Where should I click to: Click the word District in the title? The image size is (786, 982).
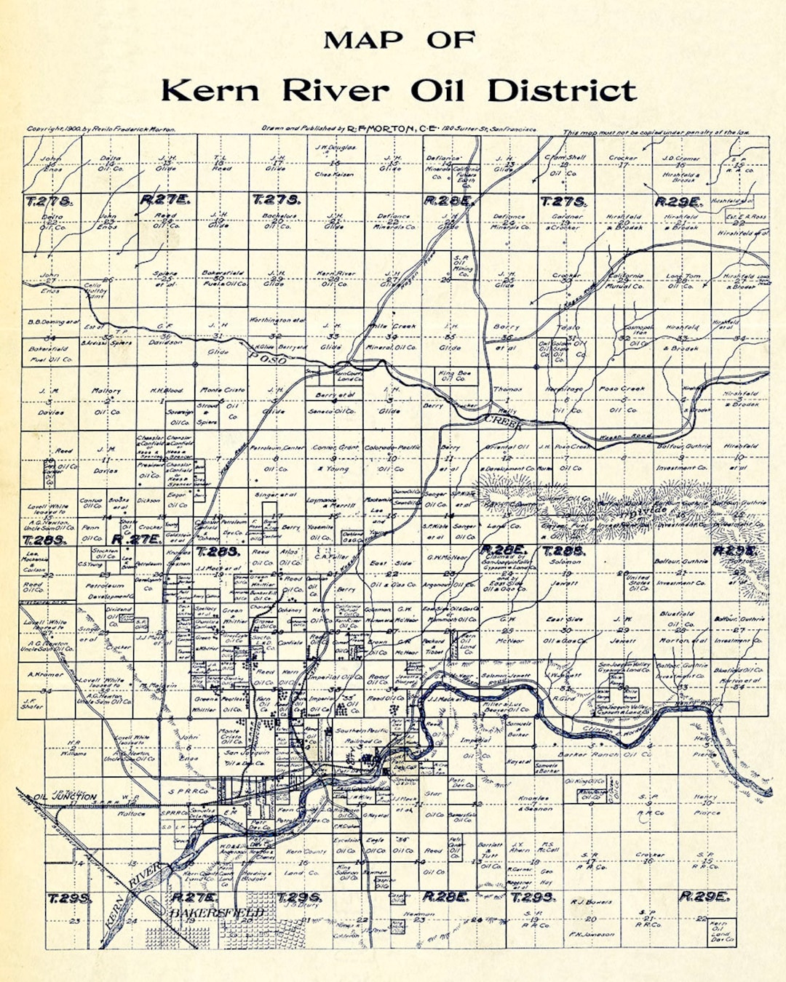[561, 91]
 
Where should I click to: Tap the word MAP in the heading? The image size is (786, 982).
[362, 40]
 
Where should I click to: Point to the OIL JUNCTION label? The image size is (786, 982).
[65, 797]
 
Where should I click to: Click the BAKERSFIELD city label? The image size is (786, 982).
[217, 912]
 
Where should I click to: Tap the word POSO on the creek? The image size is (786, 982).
[267, 358]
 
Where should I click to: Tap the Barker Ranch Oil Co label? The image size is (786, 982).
[605, 754]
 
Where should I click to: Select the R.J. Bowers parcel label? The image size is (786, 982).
[591, 902]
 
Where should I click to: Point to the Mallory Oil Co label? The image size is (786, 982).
[106, 401]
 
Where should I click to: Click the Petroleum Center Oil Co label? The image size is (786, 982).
[277, 458]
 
